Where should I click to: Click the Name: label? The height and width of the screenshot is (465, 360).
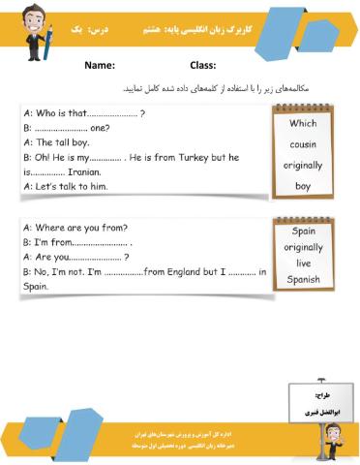pyautogui.click(x=100, y=66)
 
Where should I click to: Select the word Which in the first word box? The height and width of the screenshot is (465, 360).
pyautogui.click(x=303, y=123)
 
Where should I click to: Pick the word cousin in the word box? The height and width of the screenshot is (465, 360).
pyautogui.click(x=303, y=144)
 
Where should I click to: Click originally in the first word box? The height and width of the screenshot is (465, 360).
pyautogui.click(x=303, y=165)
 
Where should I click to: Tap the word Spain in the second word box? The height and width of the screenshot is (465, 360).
pyautogui.click(x=303, y=232)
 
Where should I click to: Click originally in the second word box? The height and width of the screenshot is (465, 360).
pyautogui.click(x=303, y=247)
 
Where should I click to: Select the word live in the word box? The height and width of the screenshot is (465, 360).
pyautogui.click(x=303, y=263)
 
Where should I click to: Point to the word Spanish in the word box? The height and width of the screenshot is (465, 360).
pyautogui.click(x=303, y=280)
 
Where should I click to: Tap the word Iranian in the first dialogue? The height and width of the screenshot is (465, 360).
pyautogui.click(x=95, y=170)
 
